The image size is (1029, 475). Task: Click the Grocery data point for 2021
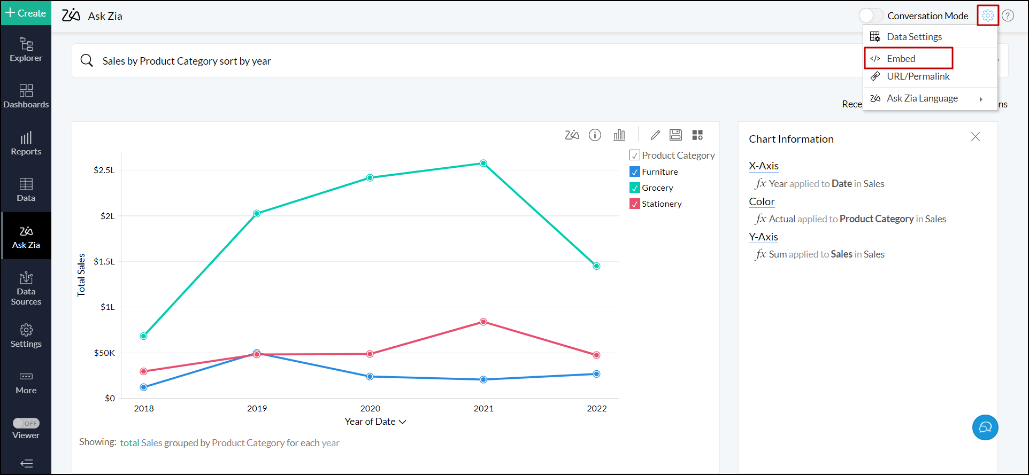(483, 163)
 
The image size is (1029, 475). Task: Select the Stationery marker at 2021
(483, 322)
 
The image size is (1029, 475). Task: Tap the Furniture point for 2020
(370, 377)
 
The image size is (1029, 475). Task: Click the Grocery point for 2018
(143, 336)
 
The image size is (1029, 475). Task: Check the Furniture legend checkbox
(635, 172)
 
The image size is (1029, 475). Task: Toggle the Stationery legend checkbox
(635, 204)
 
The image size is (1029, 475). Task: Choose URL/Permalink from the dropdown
(918, 76)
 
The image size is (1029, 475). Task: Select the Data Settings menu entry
(914, 37)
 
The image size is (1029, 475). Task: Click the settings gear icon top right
(988, 15)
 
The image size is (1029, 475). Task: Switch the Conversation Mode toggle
(871, 15)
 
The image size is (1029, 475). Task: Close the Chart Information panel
(976, 137)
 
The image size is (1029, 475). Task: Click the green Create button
(26, 13)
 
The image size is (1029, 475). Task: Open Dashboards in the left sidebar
(26, 96)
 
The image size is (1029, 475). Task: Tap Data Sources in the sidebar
(26, 289)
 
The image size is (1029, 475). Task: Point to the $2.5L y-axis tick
(104, 170)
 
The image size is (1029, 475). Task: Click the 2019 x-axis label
(257, 409)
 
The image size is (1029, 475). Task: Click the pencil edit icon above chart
(655, 135)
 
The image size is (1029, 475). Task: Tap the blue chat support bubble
(985, 427)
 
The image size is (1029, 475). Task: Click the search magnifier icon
(87, 60)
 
